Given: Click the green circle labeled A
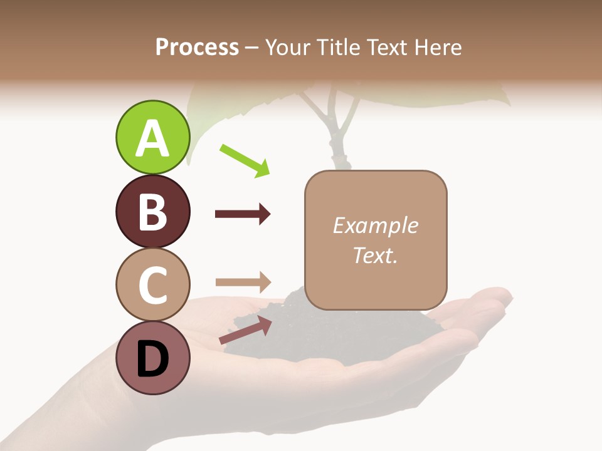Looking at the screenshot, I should tap(152, 137).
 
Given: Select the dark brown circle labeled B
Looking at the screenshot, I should tap(152, 211).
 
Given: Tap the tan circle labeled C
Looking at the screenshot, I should tap(152, 284).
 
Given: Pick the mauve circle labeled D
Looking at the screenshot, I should tap(152, 358).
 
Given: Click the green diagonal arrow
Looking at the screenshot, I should tap(245, 160).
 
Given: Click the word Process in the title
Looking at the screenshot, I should tap(197, 48).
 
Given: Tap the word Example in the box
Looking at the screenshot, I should tap(375, 225).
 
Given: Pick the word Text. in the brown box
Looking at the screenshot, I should tap(375, 255).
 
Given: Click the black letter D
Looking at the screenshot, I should tap(152, 360).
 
